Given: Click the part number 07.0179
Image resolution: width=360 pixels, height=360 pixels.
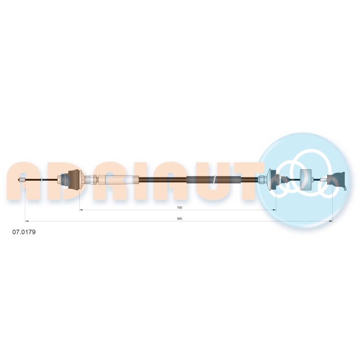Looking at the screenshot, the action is (x=24, y=232).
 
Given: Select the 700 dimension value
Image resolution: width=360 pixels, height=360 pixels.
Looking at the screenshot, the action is (x=180, y=208).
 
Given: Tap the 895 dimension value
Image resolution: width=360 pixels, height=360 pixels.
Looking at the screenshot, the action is (x=180, y=219).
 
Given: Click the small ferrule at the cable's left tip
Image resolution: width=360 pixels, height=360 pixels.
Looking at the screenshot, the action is (x=22, y=180).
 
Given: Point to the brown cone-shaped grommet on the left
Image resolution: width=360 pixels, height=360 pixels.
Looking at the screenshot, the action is (x=75, y=180).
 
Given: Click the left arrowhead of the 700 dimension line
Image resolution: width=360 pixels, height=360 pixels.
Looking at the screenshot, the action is (x=81, y=210).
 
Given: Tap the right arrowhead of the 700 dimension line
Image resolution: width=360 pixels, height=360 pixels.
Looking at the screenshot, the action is (x=274, y=210).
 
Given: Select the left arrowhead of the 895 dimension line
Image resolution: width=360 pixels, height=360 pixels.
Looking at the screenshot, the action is (x=27, y=221).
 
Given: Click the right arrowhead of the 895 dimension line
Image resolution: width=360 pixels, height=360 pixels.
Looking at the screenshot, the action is (x=331, y=221).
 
